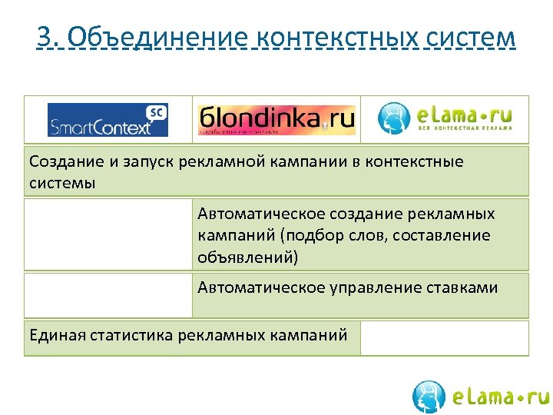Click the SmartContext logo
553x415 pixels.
tap(108, 120)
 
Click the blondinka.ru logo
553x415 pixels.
tap(276, 120)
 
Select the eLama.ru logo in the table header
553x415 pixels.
tap(445, 118)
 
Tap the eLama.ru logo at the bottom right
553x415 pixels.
tap(480, 397)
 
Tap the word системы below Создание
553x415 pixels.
tap(62, 183)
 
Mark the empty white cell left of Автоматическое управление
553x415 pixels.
tap(108, 295)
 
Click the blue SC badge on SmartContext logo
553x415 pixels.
tap(157, 112)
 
